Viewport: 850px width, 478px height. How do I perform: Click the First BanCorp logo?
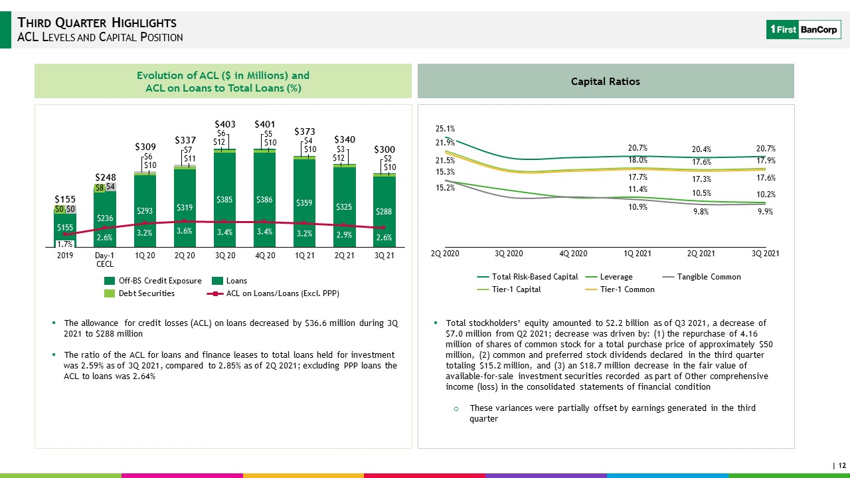[x=804, y=30]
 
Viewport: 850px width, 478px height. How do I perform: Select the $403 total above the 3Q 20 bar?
[x=225, y=124]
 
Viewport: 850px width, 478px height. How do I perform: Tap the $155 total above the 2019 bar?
[x=65, y=199]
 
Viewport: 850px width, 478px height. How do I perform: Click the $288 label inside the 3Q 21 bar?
[x=384, y=211]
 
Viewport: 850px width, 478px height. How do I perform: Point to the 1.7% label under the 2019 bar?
[x=64, y=244]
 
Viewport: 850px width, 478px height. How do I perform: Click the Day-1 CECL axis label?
[x=105, y=260]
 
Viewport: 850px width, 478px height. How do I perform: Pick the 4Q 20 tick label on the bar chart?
[x=265, y=256]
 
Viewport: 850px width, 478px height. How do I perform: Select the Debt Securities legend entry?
[x=139, y=293]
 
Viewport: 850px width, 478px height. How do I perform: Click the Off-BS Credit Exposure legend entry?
[x=153, y=281]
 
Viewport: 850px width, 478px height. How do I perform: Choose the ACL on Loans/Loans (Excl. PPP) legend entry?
[x=273, y=293]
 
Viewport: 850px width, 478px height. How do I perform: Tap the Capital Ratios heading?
[x=605, y=82]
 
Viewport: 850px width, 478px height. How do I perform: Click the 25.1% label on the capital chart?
[x=445, y=129]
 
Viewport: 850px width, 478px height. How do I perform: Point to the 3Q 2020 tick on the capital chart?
[x=509, y=254]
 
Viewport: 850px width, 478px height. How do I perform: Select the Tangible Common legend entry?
[x=701, y=277]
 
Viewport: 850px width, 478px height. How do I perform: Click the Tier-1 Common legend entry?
[x=620, y=289]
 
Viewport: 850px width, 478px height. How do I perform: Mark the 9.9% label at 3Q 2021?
[x=766, y=212]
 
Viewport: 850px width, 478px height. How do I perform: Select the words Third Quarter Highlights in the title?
[x=97, y=23]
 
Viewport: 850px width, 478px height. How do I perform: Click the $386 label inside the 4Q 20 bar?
[x=264, y=200]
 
